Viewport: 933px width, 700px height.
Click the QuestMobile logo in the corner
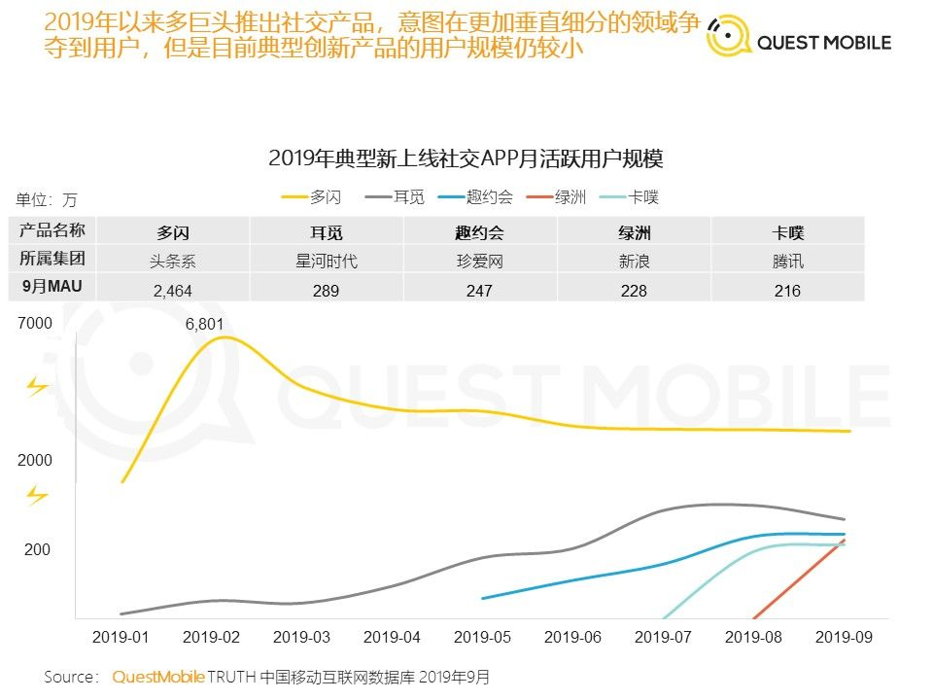798,42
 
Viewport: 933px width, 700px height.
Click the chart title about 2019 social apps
466,158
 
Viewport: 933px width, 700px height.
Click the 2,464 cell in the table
174,290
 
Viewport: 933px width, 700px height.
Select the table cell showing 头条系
173,261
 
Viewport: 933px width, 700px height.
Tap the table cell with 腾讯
788,261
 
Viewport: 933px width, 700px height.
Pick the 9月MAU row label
52,287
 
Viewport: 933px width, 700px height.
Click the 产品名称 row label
52,230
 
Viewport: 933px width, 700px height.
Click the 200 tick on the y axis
37,550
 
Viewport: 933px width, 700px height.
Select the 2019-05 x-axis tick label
483,637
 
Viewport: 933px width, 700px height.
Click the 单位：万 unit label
46,200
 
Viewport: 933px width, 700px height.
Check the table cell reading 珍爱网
479,261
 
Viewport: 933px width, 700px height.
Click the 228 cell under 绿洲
634,290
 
